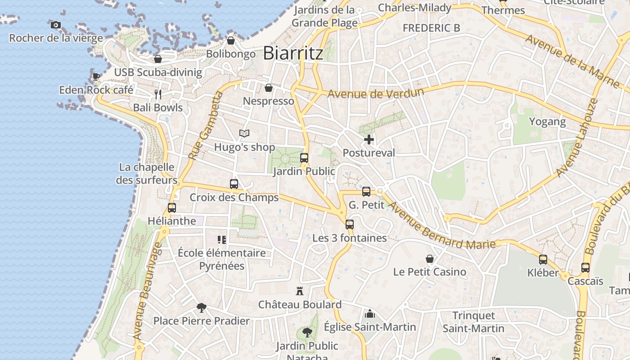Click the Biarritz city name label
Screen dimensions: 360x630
pyautogui.click(x=293, y=53)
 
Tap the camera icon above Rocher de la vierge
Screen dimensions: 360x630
pyautogui.click(x=56, y=25)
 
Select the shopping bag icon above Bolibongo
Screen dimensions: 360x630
pyautogui.click(x=231, y=41)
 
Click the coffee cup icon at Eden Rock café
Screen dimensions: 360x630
pyautogui.click(x=96, y=76)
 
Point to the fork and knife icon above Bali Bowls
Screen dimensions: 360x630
pyautogui.click(x=158, y=94)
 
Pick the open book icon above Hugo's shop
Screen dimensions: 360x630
pyautogui.click(x=244, y=134)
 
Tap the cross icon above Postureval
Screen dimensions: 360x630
pyautogui.click(x=369, y=139)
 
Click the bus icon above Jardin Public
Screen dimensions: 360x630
pyautogui.click(x=304, y=158)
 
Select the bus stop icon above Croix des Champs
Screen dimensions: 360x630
pyautogui.click(x=234, y=184)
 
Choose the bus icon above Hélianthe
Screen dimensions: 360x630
pyautogui.click(x=172, y=208)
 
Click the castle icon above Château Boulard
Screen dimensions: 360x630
pyautogui.click(x=300, y=291)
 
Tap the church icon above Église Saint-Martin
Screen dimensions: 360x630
pyautogui.click(x=370, y=313)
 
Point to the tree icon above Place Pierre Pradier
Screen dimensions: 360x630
pyautogui.click(x=202, y=308)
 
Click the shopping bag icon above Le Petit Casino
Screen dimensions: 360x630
pyautogui.click(x=430, y=259)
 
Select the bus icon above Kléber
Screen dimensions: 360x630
pyautogui.click(x=543, y=260)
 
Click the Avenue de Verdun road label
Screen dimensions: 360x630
pyautogui.click(x=376, y=94)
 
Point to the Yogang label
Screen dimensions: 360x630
pyautogui.click(x=547, y=121)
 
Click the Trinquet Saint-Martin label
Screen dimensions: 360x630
pyautogui.click(x=473, y=322)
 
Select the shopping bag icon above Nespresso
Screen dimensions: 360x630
pyautogui.click(x=269, y=88)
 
